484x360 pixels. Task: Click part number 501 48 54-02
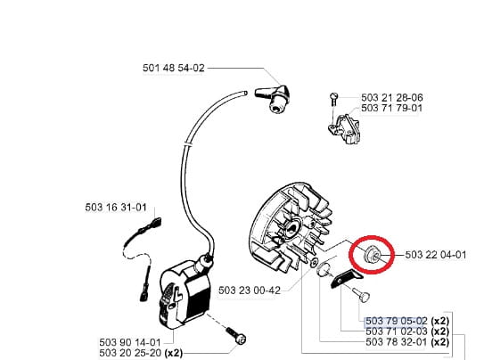(174, 68)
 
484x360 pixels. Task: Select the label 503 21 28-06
(391, 97)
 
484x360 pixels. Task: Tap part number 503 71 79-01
(391, 108)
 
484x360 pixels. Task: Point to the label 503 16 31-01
(116, 207)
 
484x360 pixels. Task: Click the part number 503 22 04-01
(436, 255)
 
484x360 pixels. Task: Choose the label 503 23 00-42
(250, 290)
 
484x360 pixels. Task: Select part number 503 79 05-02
(397, 321)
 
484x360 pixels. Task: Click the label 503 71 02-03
(397, 331)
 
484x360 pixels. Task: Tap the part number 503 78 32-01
(397, 342)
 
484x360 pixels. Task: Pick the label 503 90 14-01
(130, 342)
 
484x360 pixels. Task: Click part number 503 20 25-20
(130, 353)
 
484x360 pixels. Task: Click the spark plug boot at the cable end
(273, 98)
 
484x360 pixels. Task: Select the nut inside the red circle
(371, 254)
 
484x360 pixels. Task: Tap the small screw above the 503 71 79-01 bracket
(333, 99)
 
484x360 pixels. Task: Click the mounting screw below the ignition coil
(236, 337)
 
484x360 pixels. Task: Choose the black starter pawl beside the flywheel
(347, 278)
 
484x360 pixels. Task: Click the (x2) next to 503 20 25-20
(174, 353)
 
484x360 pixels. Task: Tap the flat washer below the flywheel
(314, 263)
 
